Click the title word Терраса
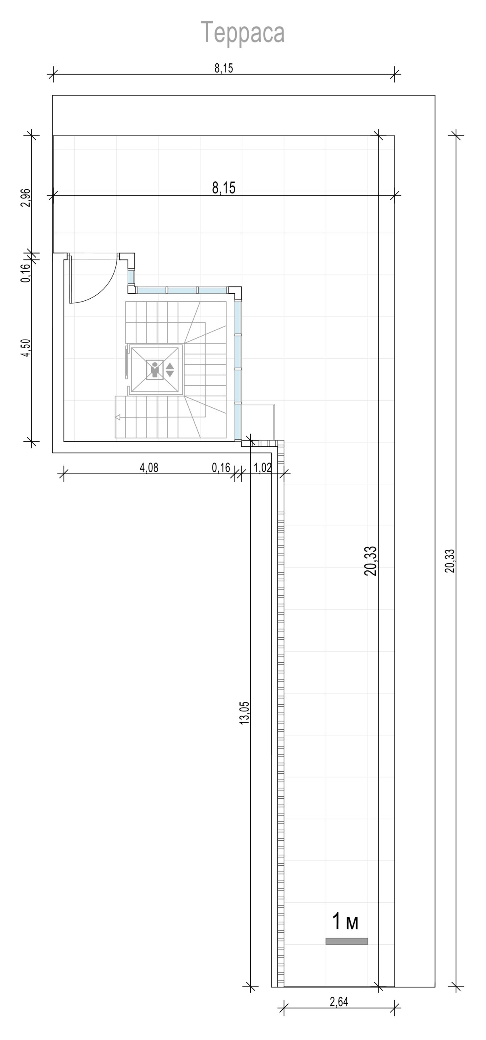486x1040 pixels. point(243,32)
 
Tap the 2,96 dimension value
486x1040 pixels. point(25,198)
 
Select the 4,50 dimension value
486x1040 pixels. point(25,348)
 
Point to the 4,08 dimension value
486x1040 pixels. point(149,468)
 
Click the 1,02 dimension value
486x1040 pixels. point(262,468)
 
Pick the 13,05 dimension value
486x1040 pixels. point(244,713)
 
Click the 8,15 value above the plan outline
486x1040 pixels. point(224,68)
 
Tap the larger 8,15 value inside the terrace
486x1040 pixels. point(224,188)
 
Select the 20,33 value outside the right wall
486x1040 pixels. point(450,561)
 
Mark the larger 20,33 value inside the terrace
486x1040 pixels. point(371,561)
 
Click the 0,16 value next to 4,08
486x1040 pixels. point(221,468)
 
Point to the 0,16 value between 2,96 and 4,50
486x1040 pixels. point(25,273)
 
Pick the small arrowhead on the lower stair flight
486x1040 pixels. point(118,417)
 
